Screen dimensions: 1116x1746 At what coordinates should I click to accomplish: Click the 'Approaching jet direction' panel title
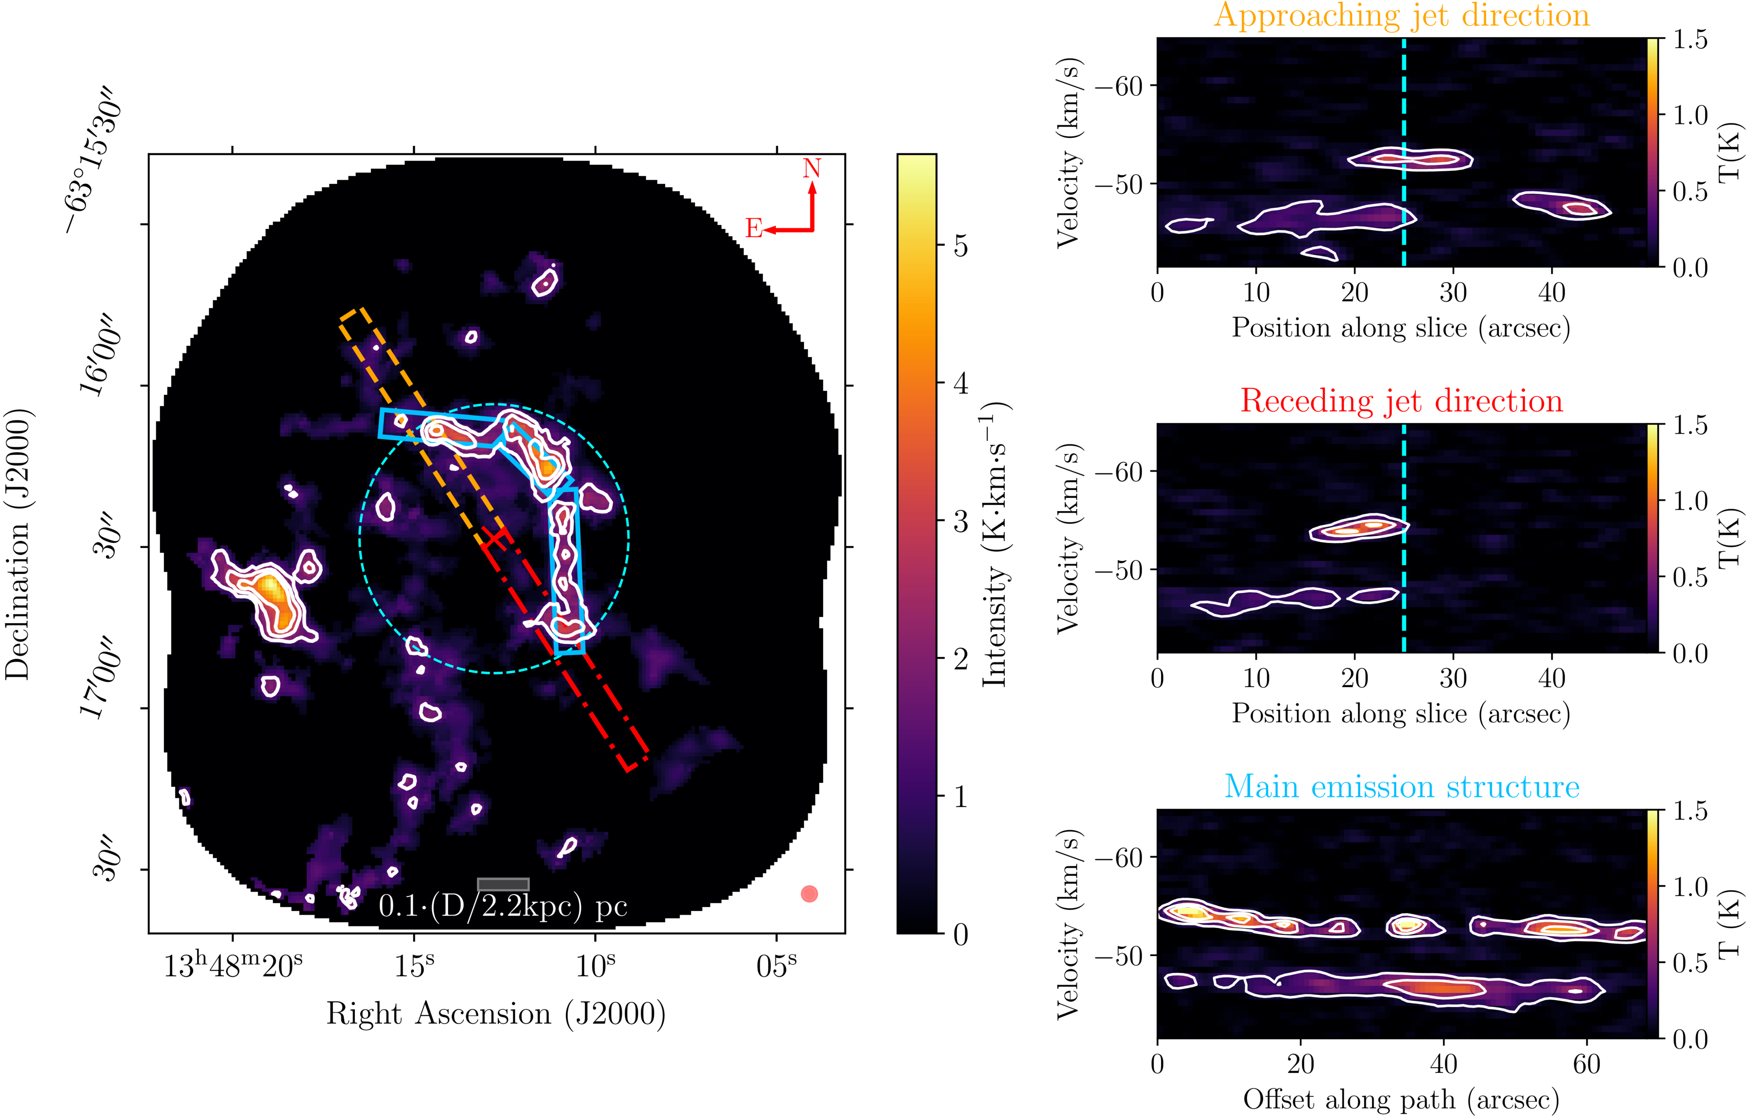pos(1401,16)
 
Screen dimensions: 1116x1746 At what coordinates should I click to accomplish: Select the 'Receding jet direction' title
pos(1401,401)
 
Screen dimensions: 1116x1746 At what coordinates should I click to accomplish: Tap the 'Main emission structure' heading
pos(1401,787)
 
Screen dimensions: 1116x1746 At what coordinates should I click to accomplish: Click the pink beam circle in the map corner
pos(809,894)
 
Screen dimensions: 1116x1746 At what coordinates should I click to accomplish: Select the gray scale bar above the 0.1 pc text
pos(503,884)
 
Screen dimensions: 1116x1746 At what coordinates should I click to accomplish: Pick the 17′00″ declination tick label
pos(98,678)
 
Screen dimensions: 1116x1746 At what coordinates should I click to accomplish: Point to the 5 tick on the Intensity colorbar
pos(961,246)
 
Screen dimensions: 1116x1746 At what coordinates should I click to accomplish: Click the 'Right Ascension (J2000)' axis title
pos(496,1014)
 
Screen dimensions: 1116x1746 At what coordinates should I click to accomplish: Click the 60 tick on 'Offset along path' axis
pos(1586,1064)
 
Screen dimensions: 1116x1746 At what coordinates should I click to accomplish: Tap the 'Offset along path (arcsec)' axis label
pos(1401,1099)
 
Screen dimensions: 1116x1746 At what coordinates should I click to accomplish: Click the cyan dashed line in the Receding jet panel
pos(1404,580)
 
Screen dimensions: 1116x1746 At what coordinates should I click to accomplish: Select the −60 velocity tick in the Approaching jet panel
pos(1118,86)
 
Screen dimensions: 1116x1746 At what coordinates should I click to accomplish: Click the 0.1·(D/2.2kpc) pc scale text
pos(503,906)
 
